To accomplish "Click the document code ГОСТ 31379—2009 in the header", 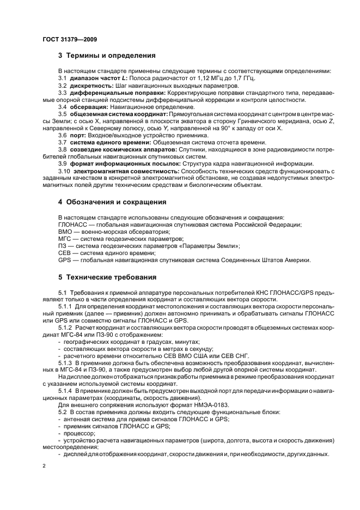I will coord(69,40).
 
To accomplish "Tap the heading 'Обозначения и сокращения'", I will coord(116,202).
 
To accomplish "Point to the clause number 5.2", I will coord(62,412).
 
